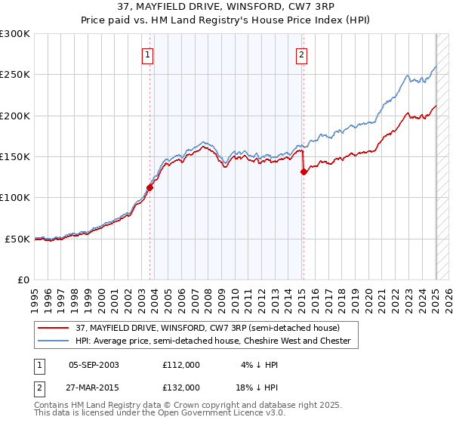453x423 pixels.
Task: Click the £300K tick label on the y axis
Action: pos(15,34)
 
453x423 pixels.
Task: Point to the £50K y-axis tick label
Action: pos(17,239)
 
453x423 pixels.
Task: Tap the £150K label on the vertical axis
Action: pos(15,156)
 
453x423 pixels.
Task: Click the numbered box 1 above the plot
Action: pos(147,54)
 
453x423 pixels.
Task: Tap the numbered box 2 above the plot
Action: pos(301,54)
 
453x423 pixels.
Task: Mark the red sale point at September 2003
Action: pos(149,188)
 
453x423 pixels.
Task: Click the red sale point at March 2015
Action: pos(304,171)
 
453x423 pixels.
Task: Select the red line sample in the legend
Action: pos(53,327)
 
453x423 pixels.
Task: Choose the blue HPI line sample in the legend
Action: pos(53,341)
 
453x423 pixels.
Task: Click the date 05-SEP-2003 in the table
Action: pos(94,365)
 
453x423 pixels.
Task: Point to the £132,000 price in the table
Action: pos(180,387)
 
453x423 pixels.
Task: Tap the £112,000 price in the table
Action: pos(180,365)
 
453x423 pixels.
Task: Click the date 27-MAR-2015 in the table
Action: pos(94,387)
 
